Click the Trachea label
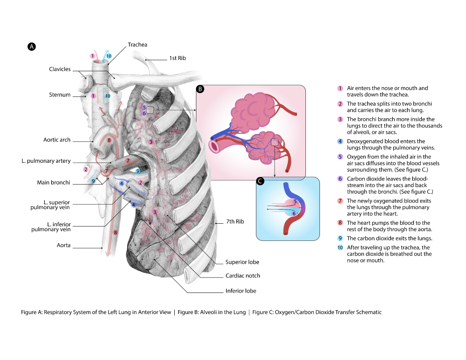pyautogui.click(x=137, y=45)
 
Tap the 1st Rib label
pyautogui.click(x=177, y=58)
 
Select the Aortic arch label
pyautogui.click(x=57, y=140)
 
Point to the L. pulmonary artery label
pyautogui.click(x=46, y=161)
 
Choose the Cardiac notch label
pyautogui.click(x=243, y=276)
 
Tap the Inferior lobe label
pyautogui.click(x=241, y=291)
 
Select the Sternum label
pyautogui.click(x=60, y=95)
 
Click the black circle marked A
pyautogui.click(x=31, y=46)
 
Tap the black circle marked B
pyautogui.click(x=200, y=89)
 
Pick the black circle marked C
pyautogui.click(x=260, y=181)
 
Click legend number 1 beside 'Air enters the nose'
pyautogui.click(x=340, y=88)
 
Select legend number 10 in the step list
pyautogui.click(x=340, y=247)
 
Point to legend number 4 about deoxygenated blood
pyautogui.click(x=340, y=142)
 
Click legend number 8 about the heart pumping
pyautogui.click(x=340, y=223)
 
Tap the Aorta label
pyautogui.click(x=64, y=245)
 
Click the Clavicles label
pyautogui.click(x=60, y=69)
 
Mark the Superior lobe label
pyautogui.click(x=242, y=262)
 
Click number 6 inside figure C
pyautogui.click(x=294, y=214)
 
